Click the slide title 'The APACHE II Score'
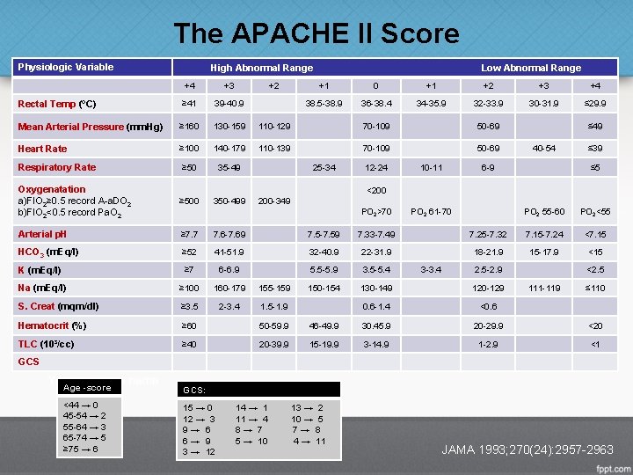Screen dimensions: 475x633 click(316, 34)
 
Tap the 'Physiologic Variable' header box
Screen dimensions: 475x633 click(67, 67)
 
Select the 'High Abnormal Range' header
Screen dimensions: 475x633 click(261, 68)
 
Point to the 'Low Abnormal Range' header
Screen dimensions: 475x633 click(530, 68)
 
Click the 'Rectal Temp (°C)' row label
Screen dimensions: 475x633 click(58, 104)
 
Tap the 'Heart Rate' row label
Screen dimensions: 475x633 click(42, 149)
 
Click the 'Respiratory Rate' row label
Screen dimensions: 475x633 click(57, 167)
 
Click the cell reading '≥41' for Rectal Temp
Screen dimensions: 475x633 click(189, 104)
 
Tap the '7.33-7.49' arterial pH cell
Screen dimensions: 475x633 click(375, 234)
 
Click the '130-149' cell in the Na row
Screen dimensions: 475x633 click(375, 288)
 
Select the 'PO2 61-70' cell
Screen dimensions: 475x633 click(432, 212)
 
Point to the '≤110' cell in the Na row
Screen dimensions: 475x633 click(595, 288)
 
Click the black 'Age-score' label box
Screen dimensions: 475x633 click(87, 387)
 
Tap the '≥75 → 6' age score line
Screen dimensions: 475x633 click(82, 449)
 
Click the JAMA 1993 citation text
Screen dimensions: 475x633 click(527, 450)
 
